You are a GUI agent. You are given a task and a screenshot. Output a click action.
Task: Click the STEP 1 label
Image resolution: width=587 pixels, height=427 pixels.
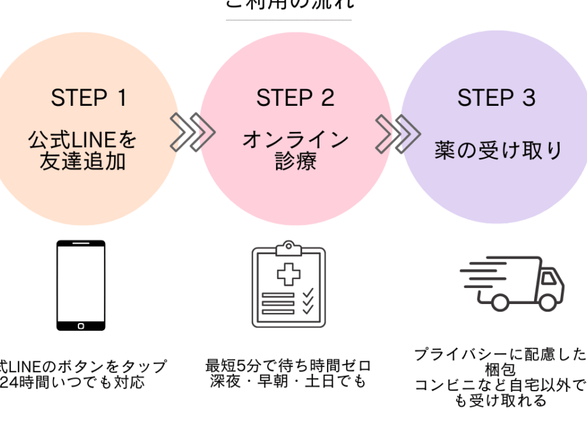tap(89, 98)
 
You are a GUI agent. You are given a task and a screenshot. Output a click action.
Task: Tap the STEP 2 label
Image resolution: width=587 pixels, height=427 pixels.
tap(295, 98)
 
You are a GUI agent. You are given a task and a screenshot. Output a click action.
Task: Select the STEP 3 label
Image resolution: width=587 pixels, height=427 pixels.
tap(496, 98)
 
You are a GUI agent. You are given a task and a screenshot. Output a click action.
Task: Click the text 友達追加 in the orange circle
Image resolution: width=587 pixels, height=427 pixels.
tap(82, 161)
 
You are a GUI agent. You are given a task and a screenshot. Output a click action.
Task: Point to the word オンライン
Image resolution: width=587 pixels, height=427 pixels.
tap(295, 140)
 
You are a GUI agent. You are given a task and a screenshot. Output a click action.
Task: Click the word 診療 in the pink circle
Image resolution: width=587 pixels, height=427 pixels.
tap(295, 161)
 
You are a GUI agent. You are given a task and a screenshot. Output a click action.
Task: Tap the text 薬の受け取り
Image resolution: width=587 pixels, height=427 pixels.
tap(499, 150)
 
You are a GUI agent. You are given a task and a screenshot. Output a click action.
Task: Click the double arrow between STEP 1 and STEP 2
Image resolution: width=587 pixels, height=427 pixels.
tap(192, 133)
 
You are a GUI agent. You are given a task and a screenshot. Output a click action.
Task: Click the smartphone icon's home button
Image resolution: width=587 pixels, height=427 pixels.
tap(80, 325)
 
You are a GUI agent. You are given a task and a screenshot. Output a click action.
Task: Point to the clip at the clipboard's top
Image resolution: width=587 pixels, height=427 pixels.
tap(288, 247)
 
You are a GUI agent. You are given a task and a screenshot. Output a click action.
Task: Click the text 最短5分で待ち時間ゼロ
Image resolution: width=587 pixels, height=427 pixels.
tap(288, 366)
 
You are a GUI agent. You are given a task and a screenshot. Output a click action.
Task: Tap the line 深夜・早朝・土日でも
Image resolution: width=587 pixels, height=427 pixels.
tap(288, 382)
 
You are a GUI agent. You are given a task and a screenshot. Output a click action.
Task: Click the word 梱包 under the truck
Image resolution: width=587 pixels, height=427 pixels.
tap(500, 370)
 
